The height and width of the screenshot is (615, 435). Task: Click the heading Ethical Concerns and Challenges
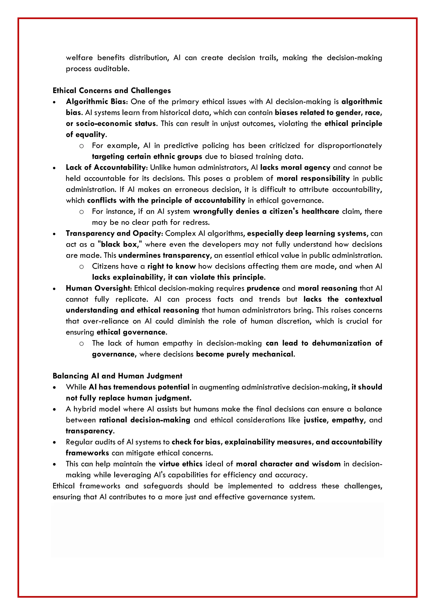pos(112,90)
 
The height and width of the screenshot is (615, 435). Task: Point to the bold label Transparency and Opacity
pos(113,233)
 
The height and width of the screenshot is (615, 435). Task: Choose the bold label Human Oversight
pos(98,288)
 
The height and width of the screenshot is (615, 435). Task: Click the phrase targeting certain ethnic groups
pos(147,157)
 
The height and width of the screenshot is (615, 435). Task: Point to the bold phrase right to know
pos(171,266)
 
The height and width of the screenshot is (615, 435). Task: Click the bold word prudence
pos(263,288)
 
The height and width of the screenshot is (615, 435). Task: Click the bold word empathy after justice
pos(348,420)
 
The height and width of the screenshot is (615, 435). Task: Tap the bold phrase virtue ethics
pos(181,464)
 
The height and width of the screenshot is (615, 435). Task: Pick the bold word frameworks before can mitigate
pos(87,453)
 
